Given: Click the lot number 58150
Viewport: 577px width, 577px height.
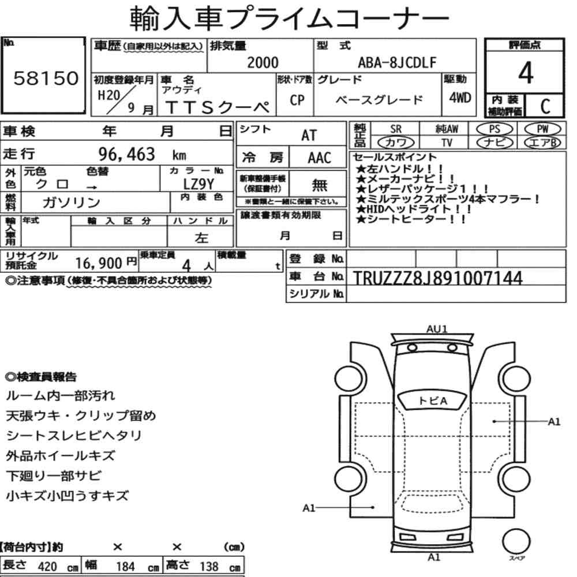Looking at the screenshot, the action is [x=46, y=78].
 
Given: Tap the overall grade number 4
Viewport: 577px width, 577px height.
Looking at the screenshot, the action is [x=526, y=73].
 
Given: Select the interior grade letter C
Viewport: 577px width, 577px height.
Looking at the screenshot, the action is [x=545, y=106].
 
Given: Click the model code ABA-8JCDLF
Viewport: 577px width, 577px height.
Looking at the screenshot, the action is [x=397, y=62].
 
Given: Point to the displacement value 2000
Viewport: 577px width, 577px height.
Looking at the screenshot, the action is [x=263, y=62].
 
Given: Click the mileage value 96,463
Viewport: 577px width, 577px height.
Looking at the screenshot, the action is [x=126, y=154].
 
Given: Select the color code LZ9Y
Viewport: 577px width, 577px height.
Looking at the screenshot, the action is [x=198, y=183].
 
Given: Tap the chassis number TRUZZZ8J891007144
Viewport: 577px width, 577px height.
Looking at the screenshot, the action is [x=437, y=278].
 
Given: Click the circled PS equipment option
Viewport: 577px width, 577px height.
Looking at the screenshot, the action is [x=494, y=129].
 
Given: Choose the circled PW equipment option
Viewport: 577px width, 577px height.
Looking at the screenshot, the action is [x=542, y=129].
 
